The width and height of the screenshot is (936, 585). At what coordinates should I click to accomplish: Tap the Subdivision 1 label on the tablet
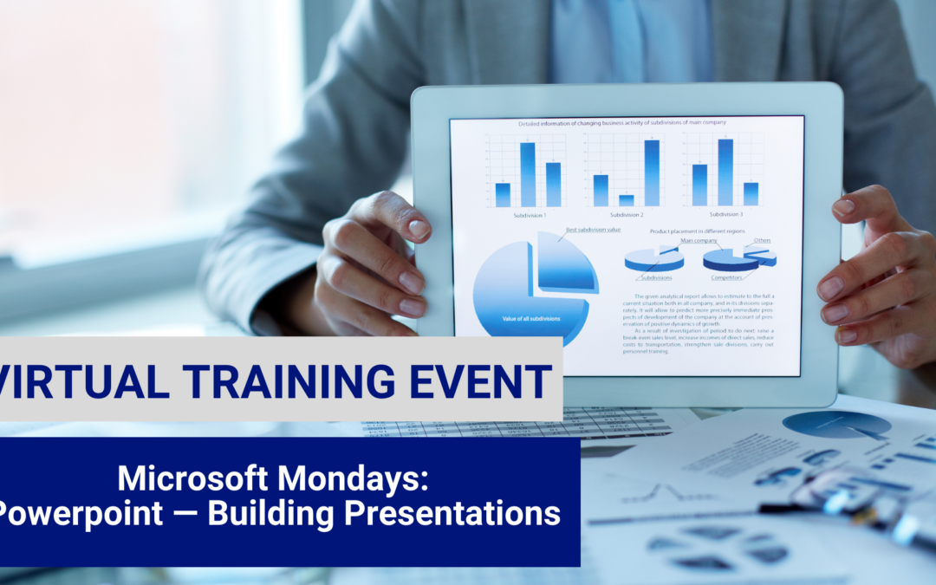(x=529, y=214)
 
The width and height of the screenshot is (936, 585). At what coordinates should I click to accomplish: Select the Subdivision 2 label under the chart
(x=626, y=214)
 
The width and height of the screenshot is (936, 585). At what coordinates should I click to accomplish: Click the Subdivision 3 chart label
(x=726, y=214)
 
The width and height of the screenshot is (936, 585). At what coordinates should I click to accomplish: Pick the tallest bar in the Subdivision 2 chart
(x=652, y=172)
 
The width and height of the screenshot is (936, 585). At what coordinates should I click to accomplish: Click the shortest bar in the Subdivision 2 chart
(x=626, y=200)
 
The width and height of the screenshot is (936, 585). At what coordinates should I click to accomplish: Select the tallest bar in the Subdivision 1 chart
(x=527, y=174)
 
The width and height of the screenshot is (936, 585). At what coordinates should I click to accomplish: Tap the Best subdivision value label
(x=593, y=230)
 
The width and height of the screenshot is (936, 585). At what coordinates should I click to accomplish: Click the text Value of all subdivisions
(x=530, y=319)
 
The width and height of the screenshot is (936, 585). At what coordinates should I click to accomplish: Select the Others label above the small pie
(x=762, y=240)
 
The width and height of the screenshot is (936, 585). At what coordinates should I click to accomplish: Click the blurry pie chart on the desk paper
(x=835, y=424)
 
